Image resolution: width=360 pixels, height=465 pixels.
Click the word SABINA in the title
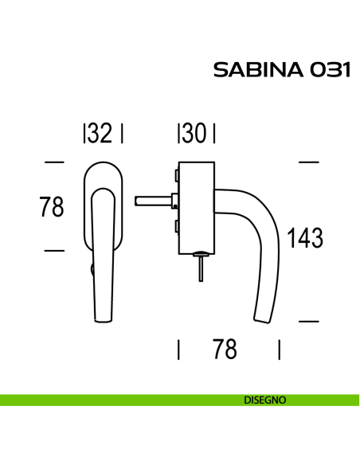pyautogui.click(x=254, y=71)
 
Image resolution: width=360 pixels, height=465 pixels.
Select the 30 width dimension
pyautogui.click(x=196, y=135)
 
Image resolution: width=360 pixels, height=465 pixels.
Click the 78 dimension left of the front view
pyautogui.click(x=52, y=207)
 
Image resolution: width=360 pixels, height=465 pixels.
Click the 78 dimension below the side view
pyautogui.click(x=225, y=349)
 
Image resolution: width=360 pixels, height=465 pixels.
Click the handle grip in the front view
pyautogui.click(x=104, y=263)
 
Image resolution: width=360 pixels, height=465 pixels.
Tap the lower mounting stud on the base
pyautogui.click(x=173, y=229)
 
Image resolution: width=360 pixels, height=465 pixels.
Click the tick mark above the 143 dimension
pyautogui.click(x=308, y=162)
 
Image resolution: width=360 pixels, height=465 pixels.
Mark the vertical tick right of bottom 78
pyautogui.click(x=279, y=350)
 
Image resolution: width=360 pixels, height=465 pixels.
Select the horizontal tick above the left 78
pyautogui.click(x=53, y=162)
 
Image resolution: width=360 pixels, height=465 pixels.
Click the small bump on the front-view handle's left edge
pyautogui.click(x=92, y=271)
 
